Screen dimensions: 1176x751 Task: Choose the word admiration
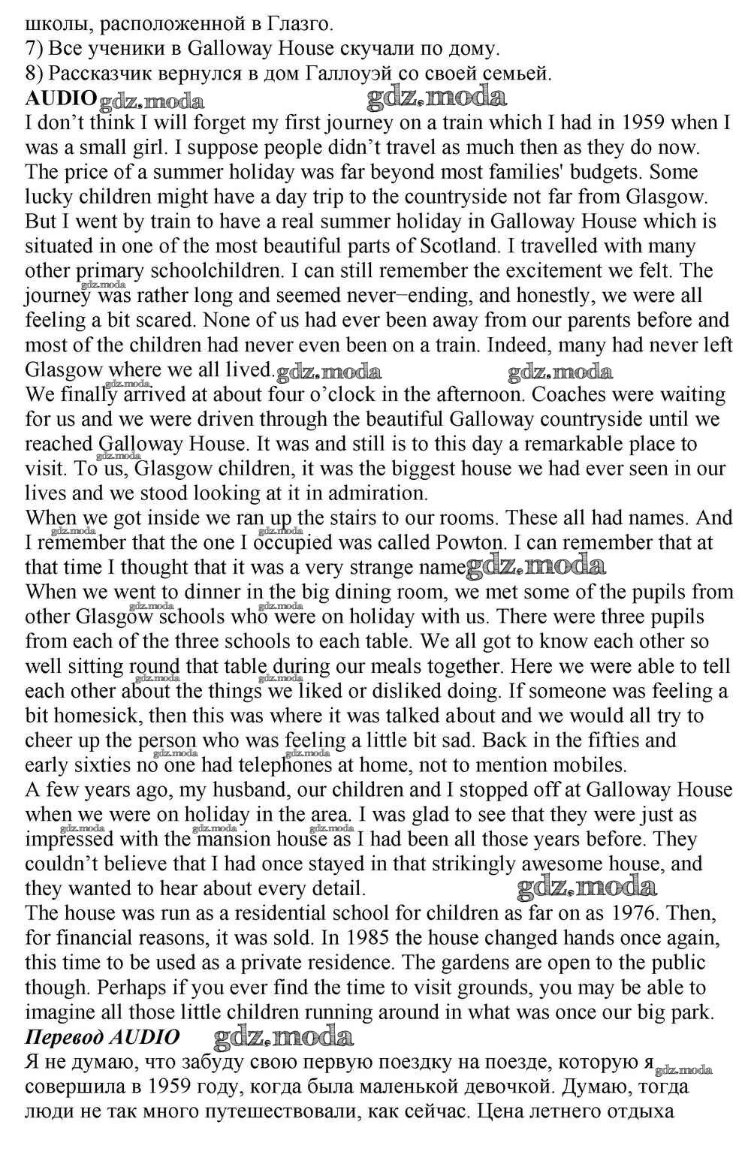365,493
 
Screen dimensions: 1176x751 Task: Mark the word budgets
594,172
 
